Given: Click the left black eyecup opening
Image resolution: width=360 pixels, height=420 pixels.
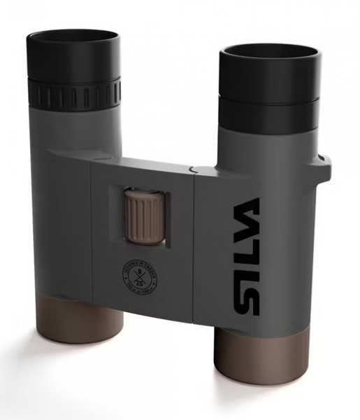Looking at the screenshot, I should pyautogui.click(x=73, y=37).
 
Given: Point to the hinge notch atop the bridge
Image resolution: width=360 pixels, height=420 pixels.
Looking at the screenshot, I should pyautogui.click(x=194, y=168).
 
